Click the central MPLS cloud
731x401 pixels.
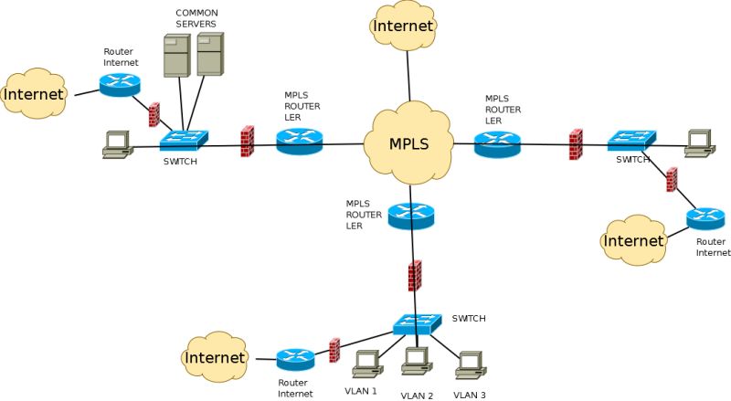(408, 144)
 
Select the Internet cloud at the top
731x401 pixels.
(403, 26)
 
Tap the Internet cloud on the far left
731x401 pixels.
(35, 94)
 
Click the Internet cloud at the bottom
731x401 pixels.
(216, 357)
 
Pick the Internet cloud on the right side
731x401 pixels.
(633, 241)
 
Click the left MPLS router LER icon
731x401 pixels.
(299, 141)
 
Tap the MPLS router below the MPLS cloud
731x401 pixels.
(410, 216)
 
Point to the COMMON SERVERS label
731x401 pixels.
(196, 17)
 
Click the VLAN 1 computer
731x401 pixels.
(365, 364)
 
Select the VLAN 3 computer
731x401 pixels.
(469, 364)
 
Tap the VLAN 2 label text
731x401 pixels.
(417, 396)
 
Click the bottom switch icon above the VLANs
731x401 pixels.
(417, 324)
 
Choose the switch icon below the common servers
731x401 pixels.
(184, 141)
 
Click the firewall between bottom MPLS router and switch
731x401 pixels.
(415, 275)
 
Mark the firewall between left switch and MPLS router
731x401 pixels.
(247, 142)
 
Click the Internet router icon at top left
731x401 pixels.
(120, 85)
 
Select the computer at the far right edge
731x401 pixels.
(699, 142)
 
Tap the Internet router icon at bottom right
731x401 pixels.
(705, 218)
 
